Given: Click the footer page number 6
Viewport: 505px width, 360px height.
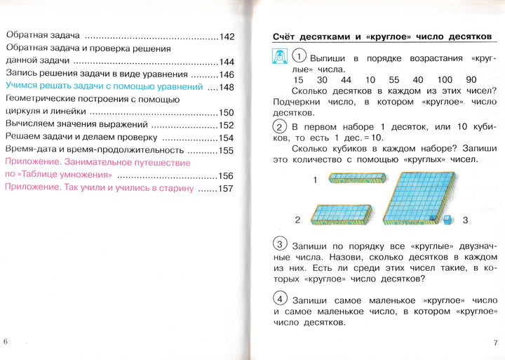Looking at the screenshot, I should (6, 341).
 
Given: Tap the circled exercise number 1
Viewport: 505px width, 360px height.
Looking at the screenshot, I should (299, 57).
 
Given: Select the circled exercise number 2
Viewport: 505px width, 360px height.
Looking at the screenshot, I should (279, 127).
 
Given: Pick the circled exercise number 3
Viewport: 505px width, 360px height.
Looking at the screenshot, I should (279, 244).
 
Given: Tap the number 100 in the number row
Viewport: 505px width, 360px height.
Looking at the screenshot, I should (444, 80).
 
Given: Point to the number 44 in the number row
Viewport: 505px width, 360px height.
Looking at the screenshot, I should (347, 80).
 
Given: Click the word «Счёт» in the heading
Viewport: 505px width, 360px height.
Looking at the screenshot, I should (288, 36).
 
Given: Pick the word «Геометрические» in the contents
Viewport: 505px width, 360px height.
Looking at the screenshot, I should (41, 100).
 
